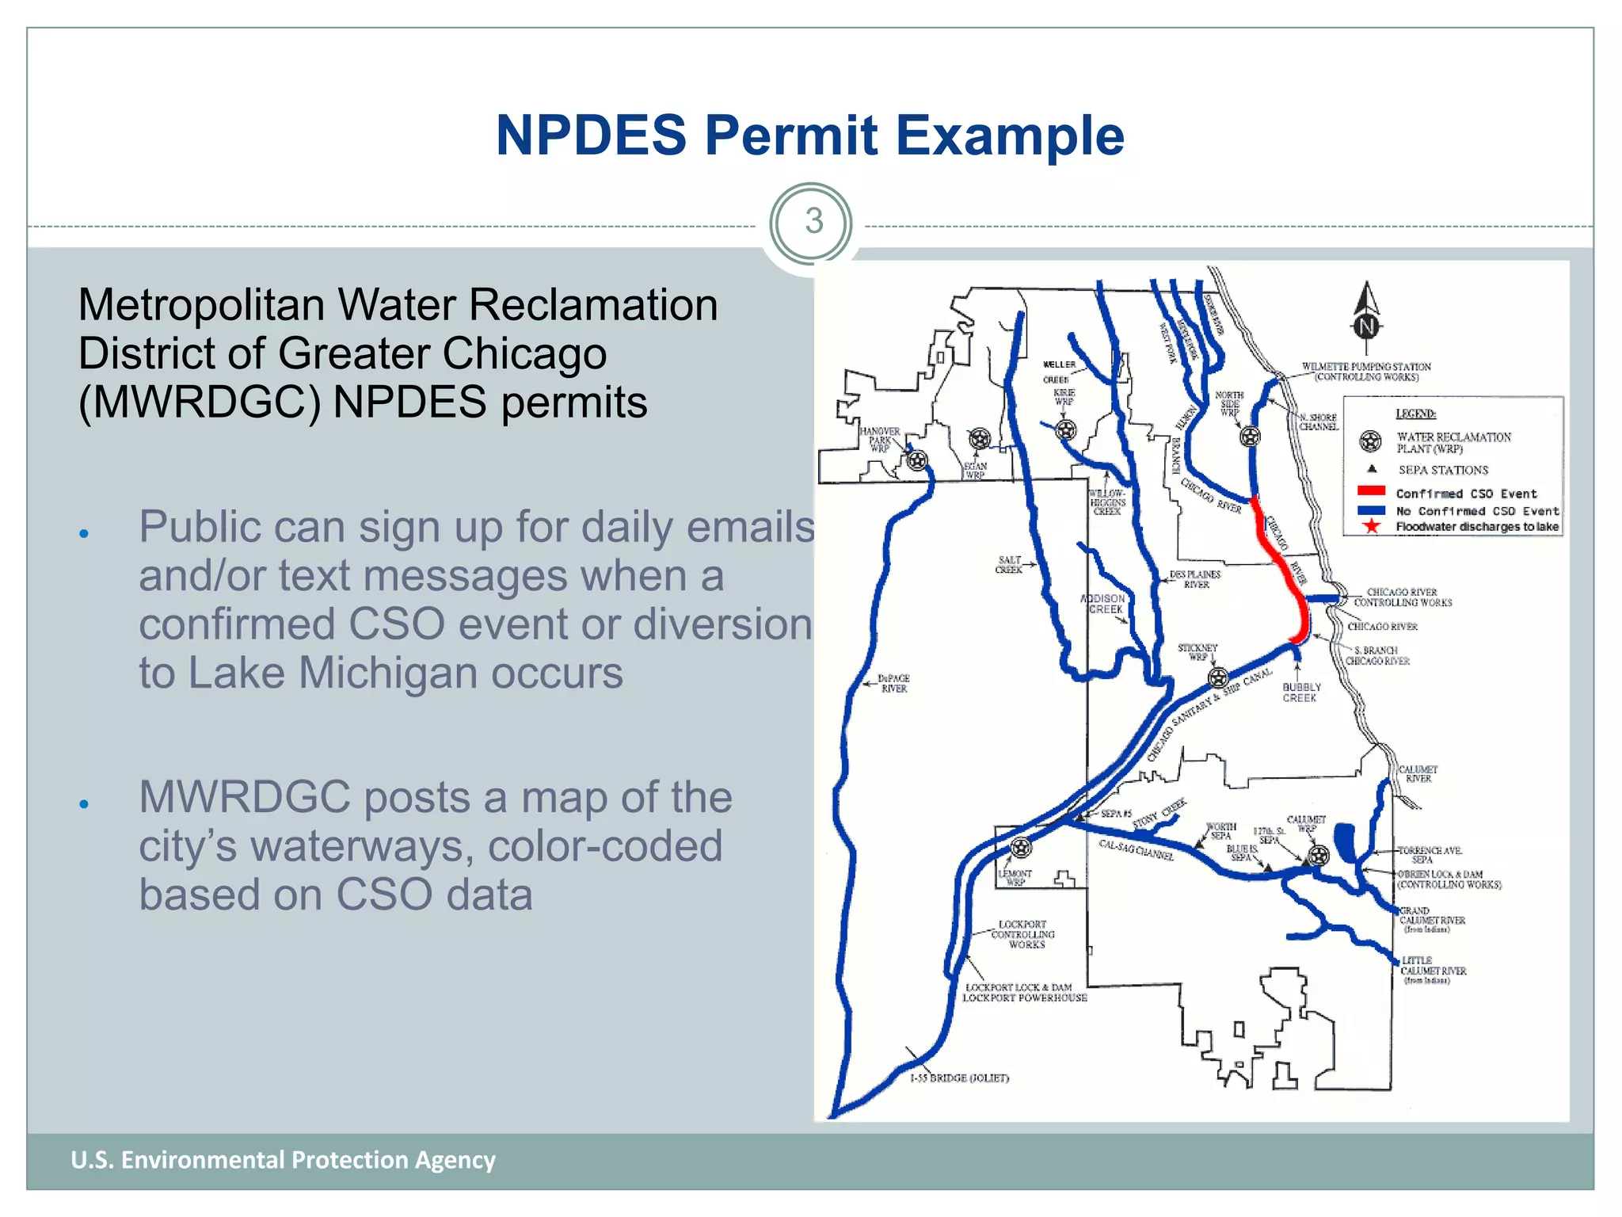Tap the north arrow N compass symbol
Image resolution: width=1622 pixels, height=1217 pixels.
point(1366,325)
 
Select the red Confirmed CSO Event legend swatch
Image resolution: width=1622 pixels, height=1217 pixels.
point(1371,491)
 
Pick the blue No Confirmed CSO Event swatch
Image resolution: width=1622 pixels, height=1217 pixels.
point(1371,510)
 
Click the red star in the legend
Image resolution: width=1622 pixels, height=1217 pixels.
point(1371,526)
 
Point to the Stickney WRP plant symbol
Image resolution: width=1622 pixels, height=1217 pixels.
point(1218,677)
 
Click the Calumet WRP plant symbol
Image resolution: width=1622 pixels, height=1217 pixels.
point(1319,855)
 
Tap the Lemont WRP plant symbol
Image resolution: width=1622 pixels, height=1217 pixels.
point(1022,848)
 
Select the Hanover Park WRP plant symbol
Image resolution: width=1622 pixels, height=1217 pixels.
point(917,460)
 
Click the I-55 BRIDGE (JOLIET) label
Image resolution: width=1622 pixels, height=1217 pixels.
point(959,1078)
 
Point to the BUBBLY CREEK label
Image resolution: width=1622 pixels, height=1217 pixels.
point(1301,692)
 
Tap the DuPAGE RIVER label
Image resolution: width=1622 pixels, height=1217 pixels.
point(894,684)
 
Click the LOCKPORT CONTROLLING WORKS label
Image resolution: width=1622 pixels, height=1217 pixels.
point(1022,934)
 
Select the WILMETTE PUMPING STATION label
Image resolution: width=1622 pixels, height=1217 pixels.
point(1366,372)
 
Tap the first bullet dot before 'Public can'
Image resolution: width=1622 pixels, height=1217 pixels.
point(84,533)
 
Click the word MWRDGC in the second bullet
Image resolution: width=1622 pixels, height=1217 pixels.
point(244,797)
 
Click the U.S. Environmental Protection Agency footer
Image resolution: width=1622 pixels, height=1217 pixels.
point(283,1160)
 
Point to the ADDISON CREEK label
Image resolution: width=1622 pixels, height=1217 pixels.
point(1103,604)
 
